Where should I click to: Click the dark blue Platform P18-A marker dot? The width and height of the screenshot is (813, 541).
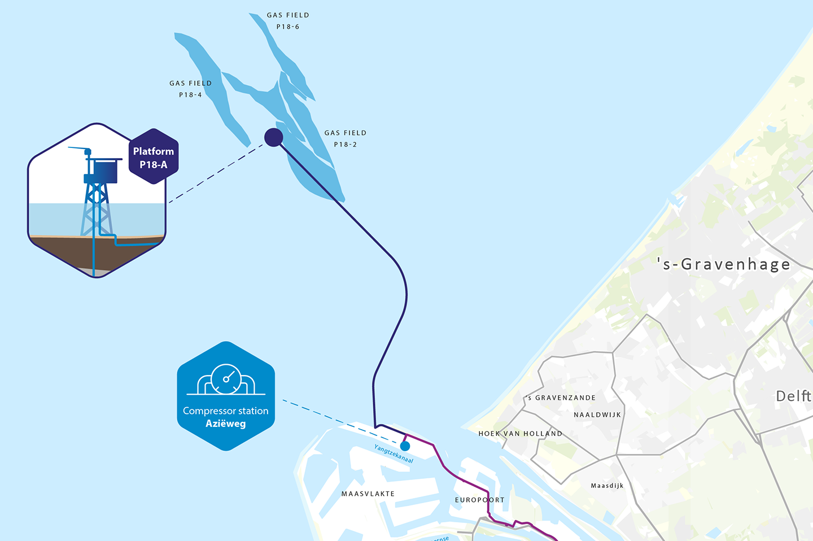(274, 137)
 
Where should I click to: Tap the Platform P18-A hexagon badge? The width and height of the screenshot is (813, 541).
(154, 158)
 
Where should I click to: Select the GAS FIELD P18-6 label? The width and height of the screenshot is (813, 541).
(288, 21)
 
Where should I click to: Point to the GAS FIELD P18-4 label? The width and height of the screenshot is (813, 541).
(191, 89)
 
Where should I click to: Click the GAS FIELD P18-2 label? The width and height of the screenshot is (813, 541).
(346, 138)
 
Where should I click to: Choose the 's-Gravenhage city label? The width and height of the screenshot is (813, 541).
(724, 264)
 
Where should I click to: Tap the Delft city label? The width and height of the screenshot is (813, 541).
(793, 396)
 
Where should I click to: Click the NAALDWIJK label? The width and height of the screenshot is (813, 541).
(597, 415)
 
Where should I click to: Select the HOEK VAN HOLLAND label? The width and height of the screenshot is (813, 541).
(521, 434)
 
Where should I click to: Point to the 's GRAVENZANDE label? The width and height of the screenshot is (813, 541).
(561, 398)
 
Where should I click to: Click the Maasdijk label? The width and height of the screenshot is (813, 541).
(607, 486)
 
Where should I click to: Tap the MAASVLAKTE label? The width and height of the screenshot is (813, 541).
(368, 494)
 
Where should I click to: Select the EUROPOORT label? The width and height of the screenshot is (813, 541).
(480, 500)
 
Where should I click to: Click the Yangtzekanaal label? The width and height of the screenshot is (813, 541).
(394, 453)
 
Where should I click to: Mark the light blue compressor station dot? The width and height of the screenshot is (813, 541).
(405, 446)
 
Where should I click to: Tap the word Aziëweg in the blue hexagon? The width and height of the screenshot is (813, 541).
(226, 424)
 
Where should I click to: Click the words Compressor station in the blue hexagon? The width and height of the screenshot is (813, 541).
(226, 411)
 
